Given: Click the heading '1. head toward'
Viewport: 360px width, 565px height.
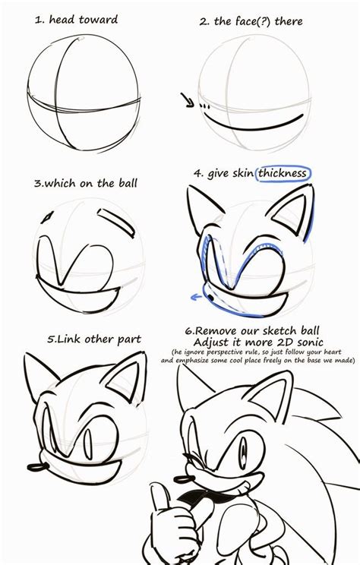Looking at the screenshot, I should (x=76, y=20).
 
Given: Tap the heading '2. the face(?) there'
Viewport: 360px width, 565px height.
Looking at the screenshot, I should (x=251, y=21).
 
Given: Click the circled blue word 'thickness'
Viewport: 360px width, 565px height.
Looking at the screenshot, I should (x=283, y=173).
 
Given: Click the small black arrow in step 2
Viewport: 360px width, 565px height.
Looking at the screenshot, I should (x=188, y=99).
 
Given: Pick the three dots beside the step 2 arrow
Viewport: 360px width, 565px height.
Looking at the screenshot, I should (x=204, y=106).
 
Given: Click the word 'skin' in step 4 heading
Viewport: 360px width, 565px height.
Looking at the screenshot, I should (x=242, y=173).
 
